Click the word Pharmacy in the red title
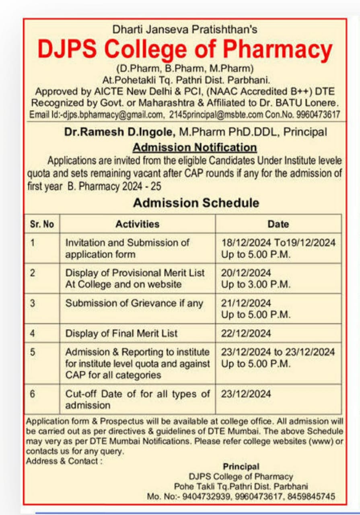(278, 49)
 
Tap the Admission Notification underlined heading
(195, 147)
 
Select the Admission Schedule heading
(196, 203)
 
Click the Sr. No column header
(42, 224)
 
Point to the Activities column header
(137, 224)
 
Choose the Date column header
(278, 224)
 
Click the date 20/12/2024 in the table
(246, 273)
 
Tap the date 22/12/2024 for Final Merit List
(246, 334)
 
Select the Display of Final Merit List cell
(121, 334)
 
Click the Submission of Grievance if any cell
(134, 303)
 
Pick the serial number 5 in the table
(33, 352)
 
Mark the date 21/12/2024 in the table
(246, 303)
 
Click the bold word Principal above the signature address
(241, 467)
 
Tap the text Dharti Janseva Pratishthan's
(185, 29)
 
